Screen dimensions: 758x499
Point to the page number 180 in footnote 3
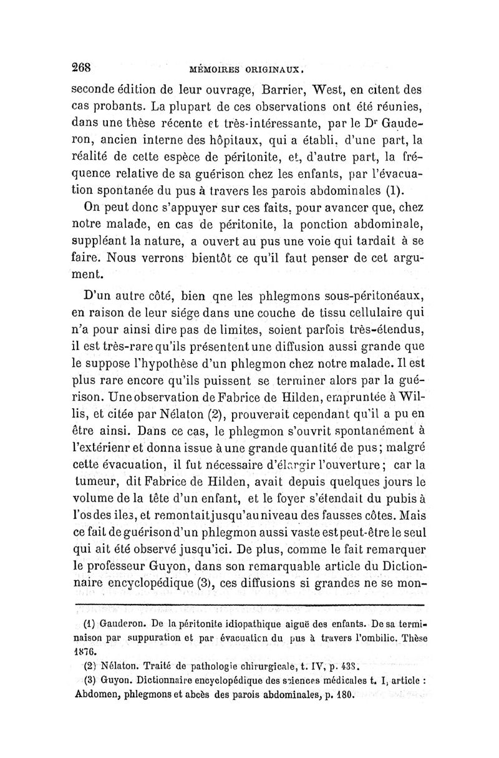tap(344, 694)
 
